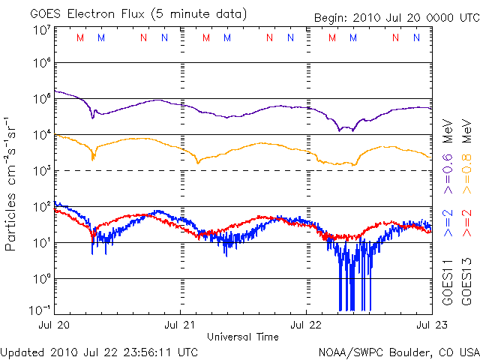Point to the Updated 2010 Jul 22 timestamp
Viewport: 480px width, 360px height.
point(100,351)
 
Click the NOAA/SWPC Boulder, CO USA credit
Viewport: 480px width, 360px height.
point(398,351)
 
